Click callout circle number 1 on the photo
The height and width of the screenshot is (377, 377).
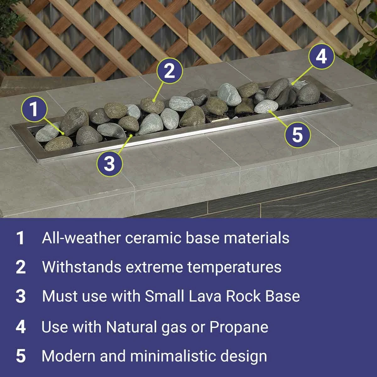click(34, 110)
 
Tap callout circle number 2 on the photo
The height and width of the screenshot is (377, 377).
click(169, 71)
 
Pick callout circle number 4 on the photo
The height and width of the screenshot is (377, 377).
click(321, 57)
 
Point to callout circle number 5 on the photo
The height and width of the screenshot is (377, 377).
click(297, 135)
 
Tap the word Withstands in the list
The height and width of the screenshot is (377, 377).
click(81, 267)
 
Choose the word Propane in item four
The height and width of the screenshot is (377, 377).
click(239, 327)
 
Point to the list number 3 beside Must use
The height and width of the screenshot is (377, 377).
click(21, 297)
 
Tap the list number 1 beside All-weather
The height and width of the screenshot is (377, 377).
click(21, 238)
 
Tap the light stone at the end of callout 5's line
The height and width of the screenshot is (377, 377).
click(266, 108)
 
